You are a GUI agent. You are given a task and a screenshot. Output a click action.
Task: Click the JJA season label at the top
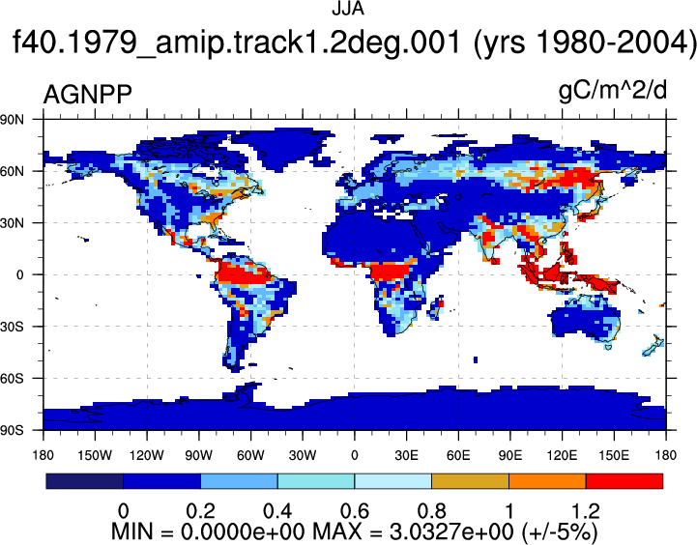[x=348, y=9]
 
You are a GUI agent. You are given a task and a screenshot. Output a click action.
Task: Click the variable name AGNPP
[x=88, y=95]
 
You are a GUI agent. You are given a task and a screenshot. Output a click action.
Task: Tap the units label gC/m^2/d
[x=613, y=91]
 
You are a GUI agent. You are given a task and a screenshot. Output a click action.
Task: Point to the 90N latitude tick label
[x=12, y=119]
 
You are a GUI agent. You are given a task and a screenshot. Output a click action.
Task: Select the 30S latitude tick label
[x=12, y=327]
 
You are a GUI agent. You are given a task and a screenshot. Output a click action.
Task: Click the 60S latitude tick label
[x=12, y=379]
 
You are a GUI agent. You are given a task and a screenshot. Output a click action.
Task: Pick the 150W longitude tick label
[x=95, y=455]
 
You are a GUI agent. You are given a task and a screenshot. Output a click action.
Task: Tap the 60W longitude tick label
[x=250, y=455]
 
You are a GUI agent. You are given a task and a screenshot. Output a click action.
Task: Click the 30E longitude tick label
[x=406, y=455]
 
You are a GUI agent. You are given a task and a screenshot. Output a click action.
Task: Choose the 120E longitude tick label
[x=562, y=455]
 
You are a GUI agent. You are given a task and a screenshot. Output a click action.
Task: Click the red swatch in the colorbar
[x=624, y=481]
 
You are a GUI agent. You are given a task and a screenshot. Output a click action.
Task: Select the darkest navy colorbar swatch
[x=84, y=481]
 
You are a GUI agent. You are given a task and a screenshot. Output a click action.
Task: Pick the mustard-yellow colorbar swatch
[x=470, y=481]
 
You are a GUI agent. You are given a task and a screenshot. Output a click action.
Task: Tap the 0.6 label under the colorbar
[x=354, y=511]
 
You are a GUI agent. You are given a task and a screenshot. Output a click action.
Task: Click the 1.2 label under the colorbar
[x=586, y=511]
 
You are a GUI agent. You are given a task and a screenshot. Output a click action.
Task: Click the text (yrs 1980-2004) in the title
[x=584, y=43]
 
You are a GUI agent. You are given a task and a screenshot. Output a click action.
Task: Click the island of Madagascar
[x=436, y=308]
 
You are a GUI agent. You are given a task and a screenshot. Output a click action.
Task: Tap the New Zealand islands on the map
[x=653, y=347]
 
